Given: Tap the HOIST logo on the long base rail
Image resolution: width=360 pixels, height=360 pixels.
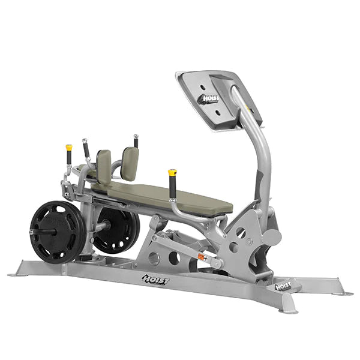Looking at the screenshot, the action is [156, 280].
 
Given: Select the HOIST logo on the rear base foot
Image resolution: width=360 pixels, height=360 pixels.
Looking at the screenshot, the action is [283, 286].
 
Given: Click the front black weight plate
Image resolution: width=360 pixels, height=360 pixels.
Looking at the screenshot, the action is [57, 232].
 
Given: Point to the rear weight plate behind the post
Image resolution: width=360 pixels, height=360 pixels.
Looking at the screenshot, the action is [116, 230].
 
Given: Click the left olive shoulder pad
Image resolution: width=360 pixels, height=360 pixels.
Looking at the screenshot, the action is [104, 167].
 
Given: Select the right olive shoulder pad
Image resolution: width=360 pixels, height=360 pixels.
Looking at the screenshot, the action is [130, 163].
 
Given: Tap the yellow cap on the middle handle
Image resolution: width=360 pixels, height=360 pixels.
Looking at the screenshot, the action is [172, 172].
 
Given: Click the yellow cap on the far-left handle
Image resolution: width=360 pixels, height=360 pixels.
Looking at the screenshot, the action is [69, 147].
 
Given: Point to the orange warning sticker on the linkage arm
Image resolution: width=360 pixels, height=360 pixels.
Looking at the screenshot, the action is [202, 256].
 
